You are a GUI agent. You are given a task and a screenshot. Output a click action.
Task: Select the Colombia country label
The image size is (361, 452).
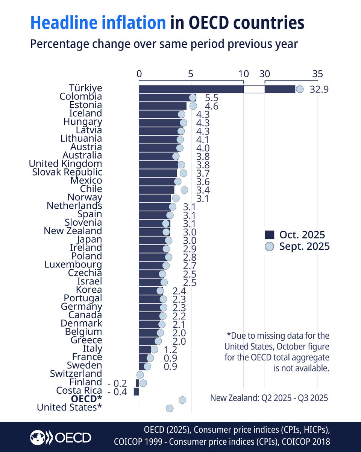(x=80, y=97)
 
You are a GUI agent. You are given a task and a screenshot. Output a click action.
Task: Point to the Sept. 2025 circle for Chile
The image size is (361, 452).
(x=184, y=190)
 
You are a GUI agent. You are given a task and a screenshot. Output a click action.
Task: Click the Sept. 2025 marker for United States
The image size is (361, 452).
(x=170, y=408)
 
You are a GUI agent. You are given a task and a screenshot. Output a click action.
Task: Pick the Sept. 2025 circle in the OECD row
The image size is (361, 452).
(x=182, y=400)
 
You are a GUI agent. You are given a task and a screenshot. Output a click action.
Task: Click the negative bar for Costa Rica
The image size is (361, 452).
(x=137, y=392)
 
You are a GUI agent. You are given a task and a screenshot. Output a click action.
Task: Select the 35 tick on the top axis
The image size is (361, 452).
(x=317, y=74)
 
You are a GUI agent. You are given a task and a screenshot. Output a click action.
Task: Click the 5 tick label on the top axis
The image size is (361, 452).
(x=191, y=74)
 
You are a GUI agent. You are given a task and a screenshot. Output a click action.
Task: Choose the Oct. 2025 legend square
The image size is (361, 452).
(x=269, y=235)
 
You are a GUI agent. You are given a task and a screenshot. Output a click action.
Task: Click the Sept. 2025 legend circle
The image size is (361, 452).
(x=269, y=246)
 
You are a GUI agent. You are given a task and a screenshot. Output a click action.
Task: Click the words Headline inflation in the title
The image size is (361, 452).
(x=98, y=23)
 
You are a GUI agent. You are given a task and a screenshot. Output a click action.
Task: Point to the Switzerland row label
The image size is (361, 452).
(x=76, y=374)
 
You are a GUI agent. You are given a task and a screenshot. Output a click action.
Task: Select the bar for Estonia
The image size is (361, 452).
(x=162, y=106)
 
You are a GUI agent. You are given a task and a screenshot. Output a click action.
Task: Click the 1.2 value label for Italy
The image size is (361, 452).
(x=170, y=349)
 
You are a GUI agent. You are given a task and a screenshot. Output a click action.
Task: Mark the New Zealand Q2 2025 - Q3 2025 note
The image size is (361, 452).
(x=269, y=398)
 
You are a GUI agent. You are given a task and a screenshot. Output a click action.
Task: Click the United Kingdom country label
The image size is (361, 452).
(x=65, y=164)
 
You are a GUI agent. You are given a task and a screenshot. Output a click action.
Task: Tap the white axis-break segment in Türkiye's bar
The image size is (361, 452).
(x=254, y=89)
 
